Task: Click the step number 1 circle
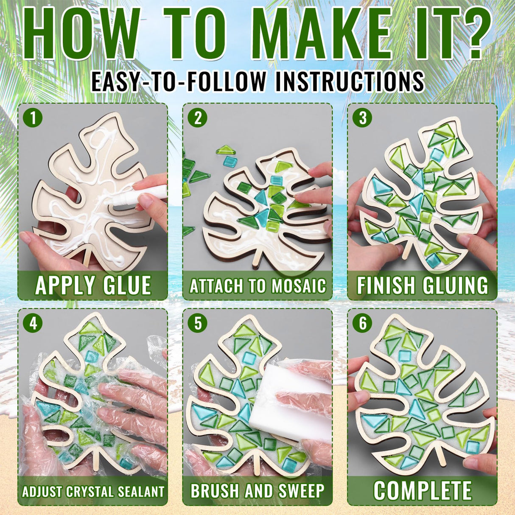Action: click(x=33, y=118)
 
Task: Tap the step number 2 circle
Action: click(x=198, y=118)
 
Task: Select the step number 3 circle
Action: click(x=362, y=118)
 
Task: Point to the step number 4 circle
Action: click(x=33, y=323)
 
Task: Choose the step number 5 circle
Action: click(x=198, y=323)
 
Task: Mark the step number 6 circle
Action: click(x=362, y=323)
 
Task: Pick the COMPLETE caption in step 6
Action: click(x=423, y=491)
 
